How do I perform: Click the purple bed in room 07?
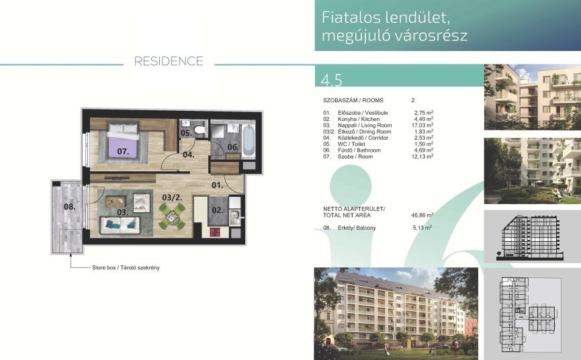123,142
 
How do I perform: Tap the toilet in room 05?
199,129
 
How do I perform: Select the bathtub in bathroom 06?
249,140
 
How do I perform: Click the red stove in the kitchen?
215,232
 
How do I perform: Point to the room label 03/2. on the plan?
173,197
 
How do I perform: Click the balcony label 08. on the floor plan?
69,207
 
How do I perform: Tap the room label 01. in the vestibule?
217,185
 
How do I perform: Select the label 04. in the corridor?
189,155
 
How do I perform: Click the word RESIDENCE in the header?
169,61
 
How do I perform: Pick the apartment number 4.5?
332,80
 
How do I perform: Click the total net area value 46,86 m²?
422,215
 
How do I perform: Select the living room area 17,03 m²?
422,125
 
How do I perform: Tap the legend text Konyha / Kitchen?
359,120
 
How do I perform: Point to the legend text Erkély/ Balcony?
357,228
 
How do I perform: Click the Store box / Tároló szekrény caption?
126,267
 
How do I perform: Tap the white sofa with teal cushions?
120,225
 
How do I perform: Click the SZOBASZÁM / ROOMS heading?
353,100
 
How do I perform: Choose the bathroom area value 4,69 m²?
424,150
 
